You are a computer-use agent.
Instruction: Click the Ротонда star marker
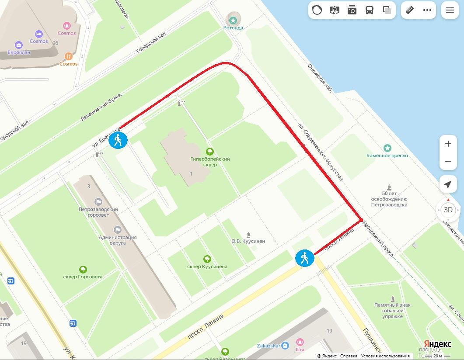point(233,19)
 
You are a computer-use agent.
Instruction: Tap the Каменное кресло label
point(387,156)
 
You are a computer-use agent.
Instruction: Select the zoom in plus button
point(448,144)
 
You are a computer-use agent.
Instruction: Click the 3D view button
point(448,210)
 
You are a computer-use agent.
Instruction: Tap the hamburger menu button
point(450,10)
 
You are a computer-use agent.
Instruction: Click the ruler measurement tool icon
point(410,10)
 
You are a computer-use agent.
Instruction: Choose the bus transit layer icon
point(370,10)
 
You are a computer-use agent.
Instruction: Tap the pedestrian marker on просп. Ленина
point(304,258)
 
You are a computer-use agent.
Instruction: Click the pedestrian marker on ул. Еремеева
point(118,140)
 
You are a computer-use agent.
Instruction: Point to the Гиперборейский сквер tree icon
point(210,152)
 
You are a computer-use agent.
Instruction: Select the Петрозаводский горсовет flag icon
point(99,202)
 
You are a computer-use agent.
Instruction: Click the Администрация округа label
point(118,240)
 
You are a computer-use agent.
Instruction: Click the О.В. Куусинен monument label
point(248,241)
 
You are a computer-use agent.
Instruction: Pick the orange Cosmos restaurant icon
point(68,56)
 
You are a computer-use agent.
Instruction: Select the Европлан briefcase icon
point(19,45)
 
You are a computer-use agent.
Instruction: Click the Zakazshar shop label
point(267,346)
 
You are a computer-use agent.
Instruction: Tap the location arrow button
point(448,184)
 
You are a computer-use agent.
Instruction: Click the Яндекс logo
point(437,344)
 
